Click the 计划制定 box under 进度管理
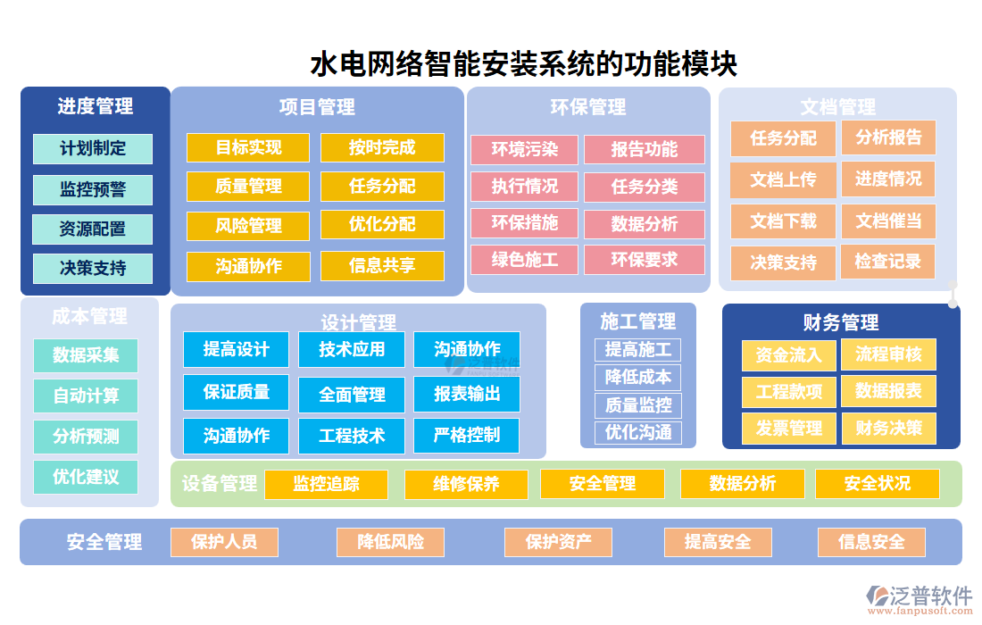point(93,149)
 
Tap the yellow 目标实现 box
point(248,147)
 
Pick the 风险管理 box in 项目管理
point(248,226)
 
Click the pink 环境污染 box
point(524,150)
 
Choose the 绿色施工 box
point(524,260)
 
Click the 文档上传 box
point(783,179)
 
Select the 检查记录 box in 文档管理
point(887,262)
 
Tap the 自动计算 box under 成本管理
point(86,396)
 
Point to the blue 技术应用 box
point(352,349)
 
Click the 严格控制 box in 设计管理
point(466,435)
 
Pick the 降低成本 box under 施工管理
point(637,377)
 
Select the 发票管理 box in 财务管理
point(788,429)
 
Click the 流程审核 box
point(888,354)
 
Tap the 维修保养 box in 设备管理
point(466,484)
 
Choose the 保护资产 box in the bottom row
point(558,542)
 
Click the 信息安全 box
point(870,542)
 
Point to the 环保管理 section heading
point(588,107)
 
